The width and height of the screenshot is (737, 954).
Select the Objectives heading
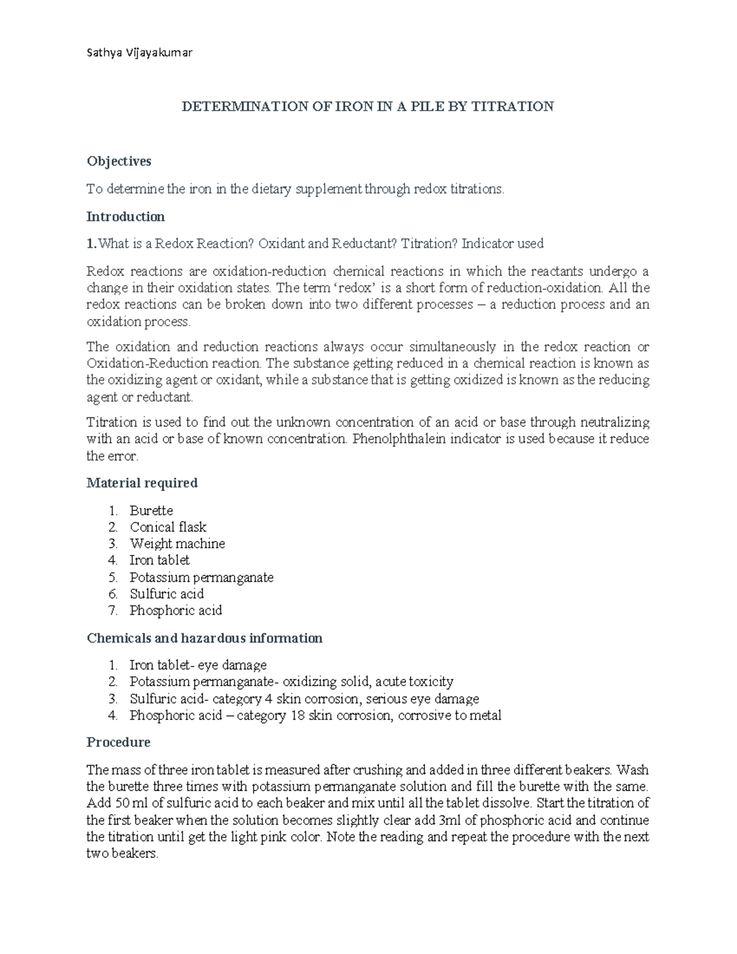point(119,161)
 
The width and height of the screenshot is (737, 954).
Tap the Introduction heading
point(125,216)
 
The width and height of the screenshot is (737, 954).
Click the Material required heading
point(142,483)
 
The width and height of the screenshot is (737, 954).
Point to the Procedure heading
point(118,742)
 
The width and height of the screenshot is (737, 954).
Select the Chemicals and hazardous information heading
point(205,638)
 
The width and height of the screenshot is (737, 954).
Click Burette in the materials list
point(151,510)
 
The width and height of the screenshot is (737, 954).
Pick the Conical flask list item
point(168,527)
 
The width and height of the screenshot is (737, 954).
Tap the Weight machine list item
point(177,544)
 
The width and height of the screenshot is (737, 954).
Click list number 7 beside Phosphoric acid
point(112,611)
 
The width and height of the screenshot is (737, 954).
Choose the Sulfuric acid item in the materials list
point(166,594)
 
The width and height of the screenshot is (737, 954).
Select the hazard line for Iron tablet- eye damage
point(198,665)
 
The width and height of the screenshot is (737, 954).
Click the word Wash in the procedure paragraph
point(632,770)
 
